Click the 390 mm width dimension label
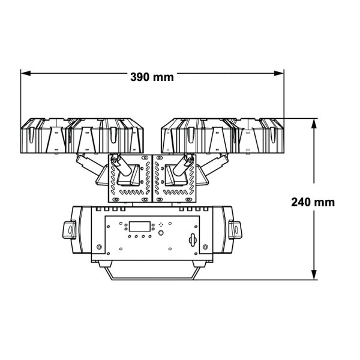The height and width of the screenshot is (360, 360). (151, 77)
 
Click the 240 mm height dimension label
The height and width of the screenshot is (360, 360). (313, 202)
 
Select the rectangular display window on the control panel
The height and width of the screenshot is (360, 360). (138, 227)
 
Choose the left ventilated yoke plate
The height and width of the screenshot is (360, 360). (128, 179)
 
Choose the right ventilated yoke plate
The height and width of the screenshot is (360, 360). (175, 179)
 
